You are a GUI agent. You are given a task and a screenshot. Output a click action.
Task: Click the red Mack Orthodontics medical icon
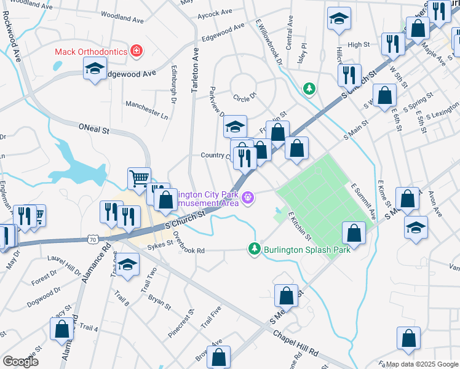coord(135,52)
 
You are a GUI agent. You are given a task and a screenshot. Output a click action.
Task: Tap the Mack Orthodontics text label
coord(90,52)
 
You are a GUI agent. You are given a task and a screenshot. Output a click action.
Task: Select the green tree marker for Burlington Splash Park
coord(254,248)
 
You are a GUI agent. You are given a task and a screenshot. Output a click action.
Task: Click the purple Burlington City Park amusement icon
coord(248,197)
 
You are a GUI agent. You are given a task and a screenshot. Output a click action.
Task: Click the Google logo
coord(21,362)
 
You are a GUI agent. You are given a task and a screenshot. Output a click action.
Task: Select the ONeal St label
coord(93,130)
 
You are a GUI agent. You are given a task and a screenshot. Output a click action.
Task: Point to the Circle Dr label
coord(244,97)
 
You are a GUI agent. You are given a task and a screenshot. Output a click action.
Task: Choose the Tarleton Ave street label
coord(195,71)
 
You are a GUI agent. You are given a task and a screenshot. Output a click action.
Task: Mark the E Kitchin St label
coord(299,226)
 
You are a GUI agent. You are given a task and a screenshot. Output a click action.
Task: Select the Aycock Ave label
coord(216,12)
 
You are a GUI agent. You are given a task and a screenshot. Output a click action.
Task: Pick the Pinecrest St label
coord(182,324)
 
